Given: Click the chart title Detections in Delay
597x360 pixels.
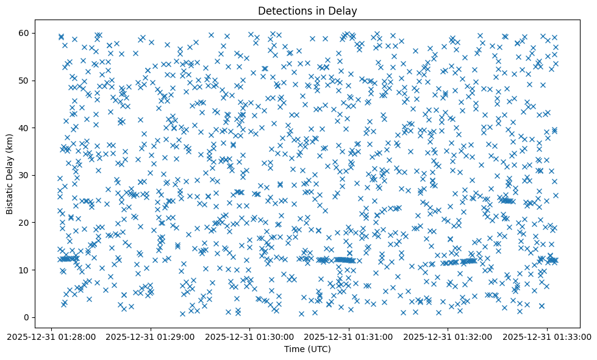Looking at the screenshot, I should tap(307, 10).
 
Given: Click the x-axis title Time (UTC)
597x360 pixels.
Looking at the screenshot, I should tap(307, 349).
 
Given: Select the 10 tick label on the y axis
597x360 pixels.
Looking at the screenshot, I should tap(25, 270).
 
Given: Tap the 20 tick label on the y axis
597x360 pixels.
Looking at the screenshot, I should tap(25, 223).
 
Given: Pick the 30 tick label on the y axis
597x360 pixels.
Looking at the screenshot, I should tap(25, 175).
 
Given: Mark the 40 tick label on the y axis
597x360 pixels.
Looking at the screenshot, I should tap(25, 128).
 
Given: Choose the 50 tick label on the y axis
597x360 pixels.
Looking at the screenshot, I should tap(25, 81).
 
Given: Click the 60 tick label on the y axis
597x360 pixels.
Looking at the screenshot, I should tap(25, 33).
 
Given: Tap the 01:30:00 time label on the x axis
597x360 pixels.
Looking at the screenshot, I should tap(251, 336).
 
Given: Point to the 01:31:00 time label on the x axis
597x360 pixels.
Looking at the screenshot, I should tap(349, 336).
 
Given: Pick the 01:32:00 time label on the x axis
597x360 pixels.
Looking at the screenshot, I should tap(448, 336).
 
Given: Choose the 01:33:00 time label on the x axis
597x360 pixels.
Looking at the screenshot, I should tap(547, 336).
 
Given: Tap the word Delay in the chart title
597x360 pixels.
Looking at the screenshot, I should tap(345, 10).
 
